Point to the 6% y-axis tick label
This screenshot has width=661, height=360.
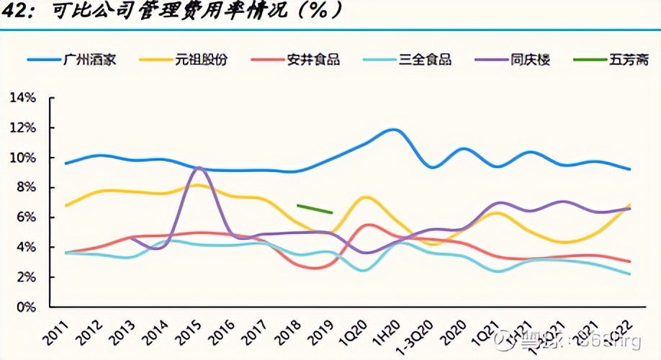26,217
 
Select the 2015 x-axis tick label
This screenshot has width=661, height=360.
188,328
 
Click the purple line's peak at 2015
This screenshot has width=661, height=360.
199,167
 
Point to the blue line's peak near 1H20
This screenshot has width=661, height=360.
394,130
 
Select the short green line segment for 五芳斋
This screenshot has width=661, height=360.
314,209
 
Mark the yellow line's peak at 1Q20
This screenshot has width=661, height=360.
366,197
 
